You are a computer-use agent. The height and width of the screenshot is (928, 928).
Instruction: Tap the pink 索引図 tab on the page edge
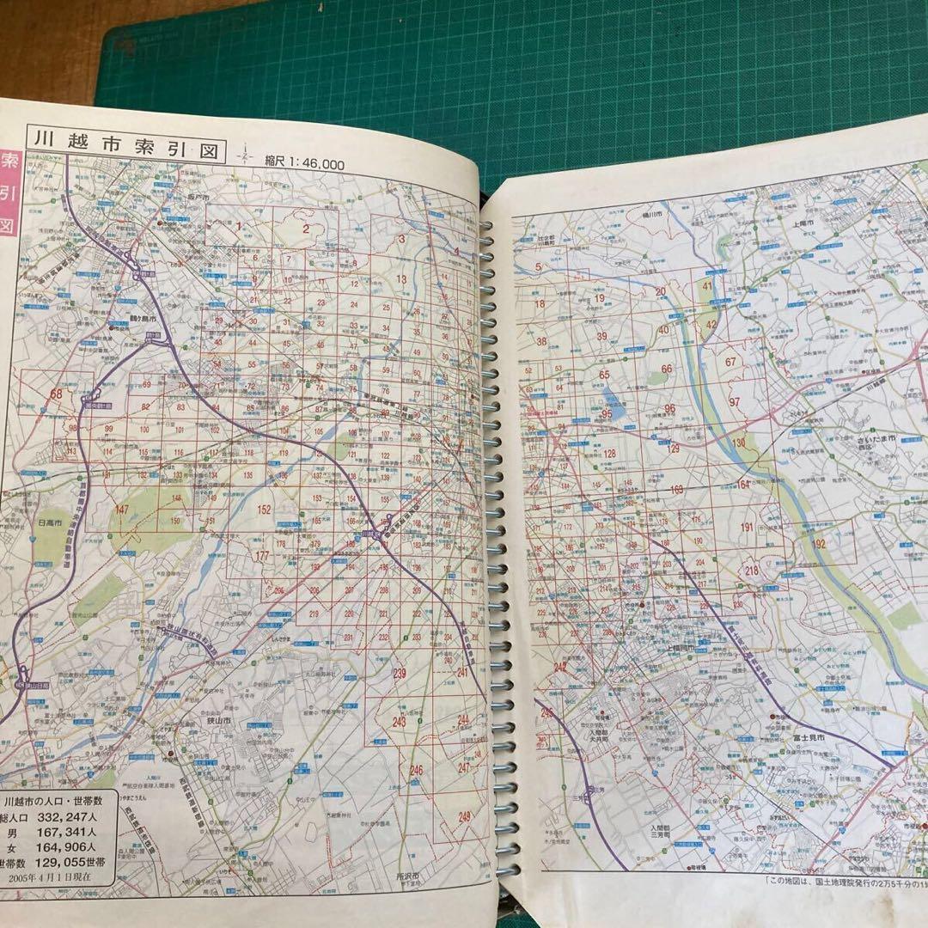[10, 192]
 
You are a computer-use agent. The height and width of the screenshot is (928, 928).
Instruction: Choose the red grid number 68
[58, 393]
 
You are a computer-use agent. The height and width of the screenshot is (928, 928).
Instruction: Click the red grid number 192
[819, 543]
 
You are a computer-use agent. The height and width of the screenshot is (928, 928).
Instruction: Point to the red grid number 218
[753, 571]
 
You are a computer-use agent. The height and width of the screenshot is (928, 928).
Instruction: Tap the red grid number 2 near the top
[304, 229]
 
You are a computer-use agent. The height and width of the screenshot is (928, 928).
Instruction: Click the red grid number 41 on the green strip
[707, 286]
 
